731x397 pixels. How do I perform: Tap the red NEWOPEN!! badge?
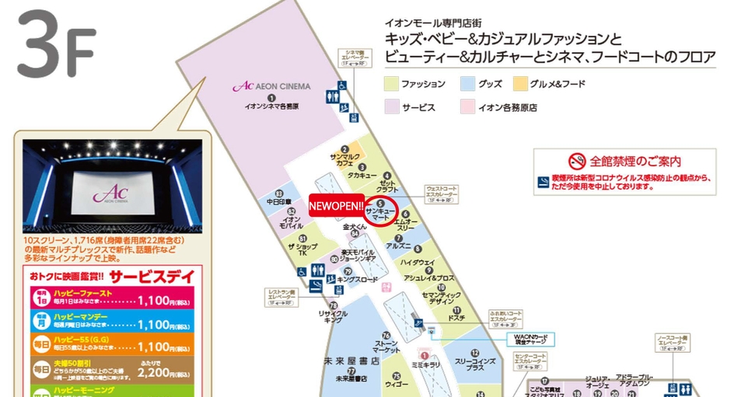pyautogui.click(x=336, y=205)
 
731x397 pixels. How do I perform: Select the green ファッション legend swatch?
pyautogui.click(x=391, y=84)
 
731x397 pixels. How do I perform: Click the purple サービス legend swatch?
pyautogui.click(x=391, y=107)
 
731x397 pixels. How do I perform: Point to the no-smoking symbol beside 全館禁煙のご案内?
pyautogui.click(x=576, y=162)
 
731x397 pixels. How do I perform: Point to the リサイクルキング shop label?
pyautogui.click(x=333, y=315)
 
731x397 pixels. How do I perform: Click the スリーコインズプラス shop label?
pyautogui.click(x=470, y=364)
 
